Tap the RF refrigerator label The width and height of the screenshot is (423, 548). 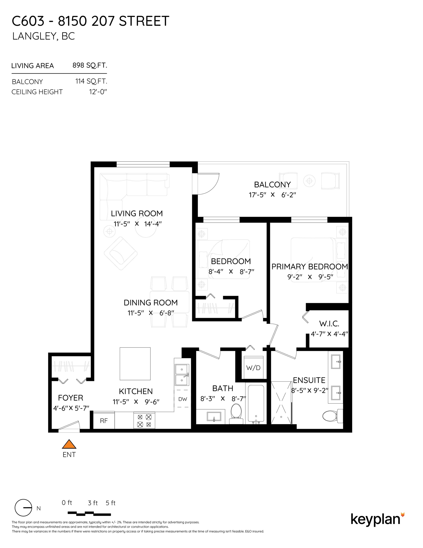(x=104, y=421)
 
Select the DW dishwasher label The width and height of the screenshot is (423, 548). (x=183, y=399)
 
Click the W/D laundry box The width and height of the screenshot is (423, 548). (x=253, y=367)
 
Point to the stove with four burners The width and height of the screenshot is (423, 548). (x=144, y=421)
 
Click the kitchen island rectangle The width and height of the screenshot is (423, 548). (x=135, y=364)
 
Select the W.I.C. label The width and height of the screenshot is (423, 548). (x=329, y=324)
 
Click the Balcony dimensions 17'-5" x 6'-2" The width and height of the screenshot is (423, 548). (x=272, y=195)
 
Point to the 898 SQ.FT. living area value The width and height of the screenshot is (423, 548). (x=90, y=65)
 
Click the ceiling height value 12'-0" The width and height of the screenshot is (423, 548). (x=98, y=92)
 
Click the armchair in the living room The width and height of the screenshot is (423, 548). (x=121, y=253)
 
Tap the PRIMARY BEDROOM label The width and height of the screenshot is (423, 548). (x=310, y=266)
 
